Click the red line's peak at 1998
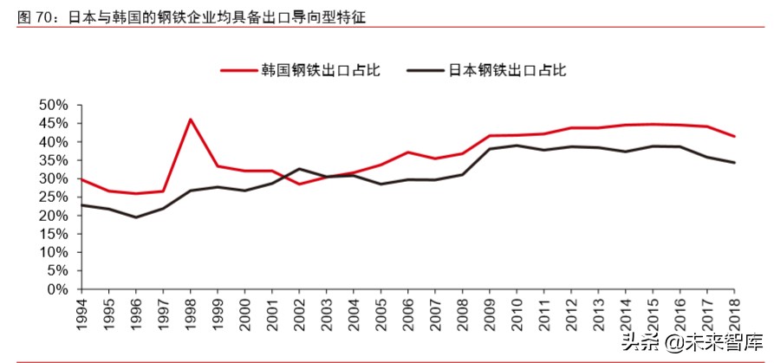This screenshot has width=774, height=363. pos(190,120)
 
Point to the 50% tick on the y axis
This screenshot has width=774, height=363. pos(53,105)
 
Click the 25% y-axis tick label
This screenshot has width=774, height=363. pos(53,198)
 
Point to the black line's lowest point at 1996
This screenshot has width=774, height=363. pos(135,217)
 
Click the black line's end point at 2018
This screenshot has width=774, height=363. pos(735,163)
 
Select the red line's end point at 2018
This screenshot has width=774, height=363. pos(735,136)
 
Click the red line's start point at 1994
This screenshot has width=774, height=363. pos(81,179)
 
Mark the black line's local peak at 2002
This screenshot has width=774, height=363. pos(299,169)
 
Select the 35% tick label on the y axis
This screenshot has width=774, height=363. pos(53,160)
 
